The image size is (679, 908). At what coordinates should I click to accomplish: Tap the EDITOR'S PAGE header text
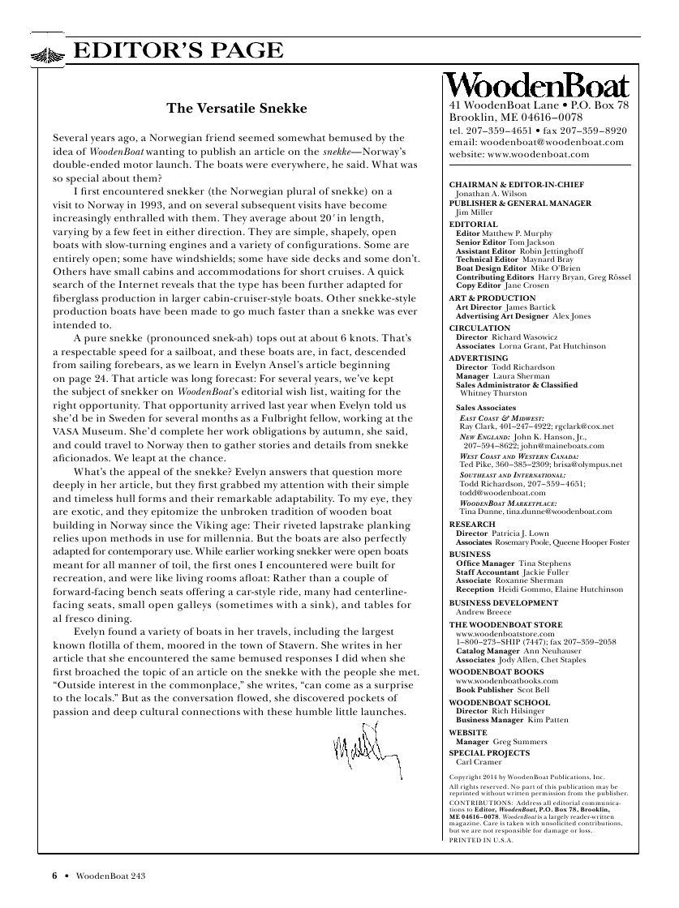point(178,51)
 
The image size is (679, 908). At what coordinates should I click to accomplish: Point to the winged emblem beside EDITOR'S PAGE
point(49,54)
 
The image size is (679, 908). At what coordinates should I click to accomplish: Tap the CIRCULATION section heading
point(479,328)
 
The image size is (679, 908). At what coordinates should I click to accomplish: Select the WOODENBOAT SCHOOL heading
point(499,702)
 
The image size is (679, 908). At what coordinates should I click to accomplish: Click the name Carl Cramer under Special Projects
point(479,762)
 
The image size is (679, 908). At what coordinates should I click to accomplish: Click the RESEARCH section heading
point(472,525)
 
